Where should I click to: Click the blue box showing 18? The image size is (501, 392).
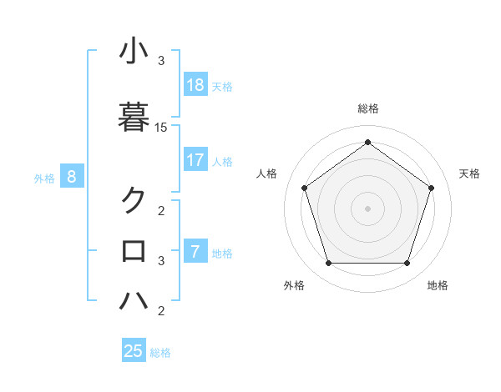click(195, 85)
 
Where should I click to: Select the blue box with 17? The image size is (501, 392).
click(195, 160)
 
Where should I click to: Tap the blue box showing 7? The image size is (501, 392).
click(195, 252)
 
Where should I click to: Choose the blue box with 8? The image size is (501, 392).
click(72, 177)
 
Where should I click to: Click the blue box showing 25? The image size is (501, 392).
click(134, 351)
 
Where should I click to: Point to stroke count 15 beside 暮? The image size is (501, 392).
click(161, 128)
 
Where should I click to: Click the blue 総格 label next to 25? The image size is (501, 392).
click(160, 353)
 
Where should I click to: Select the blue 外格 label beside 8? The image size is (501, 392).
click(44, 178)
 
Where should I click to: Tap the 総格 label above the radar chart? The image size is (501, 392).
click(368, 109)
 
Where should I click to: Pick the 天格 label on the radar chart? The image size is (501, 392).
click(469, 173)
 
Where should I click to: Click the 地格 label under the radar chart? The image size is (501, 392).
click(438, 285)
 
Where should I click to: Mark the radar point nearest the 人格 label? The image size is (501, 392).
click(304, 188)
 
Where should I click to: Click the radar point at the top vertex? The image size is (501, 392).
click(367, 142)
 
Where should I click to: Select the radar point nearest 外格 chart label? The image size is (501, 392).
click(328, 264)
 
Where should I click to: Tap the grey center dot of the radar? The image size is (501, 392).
click(367, 209)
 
